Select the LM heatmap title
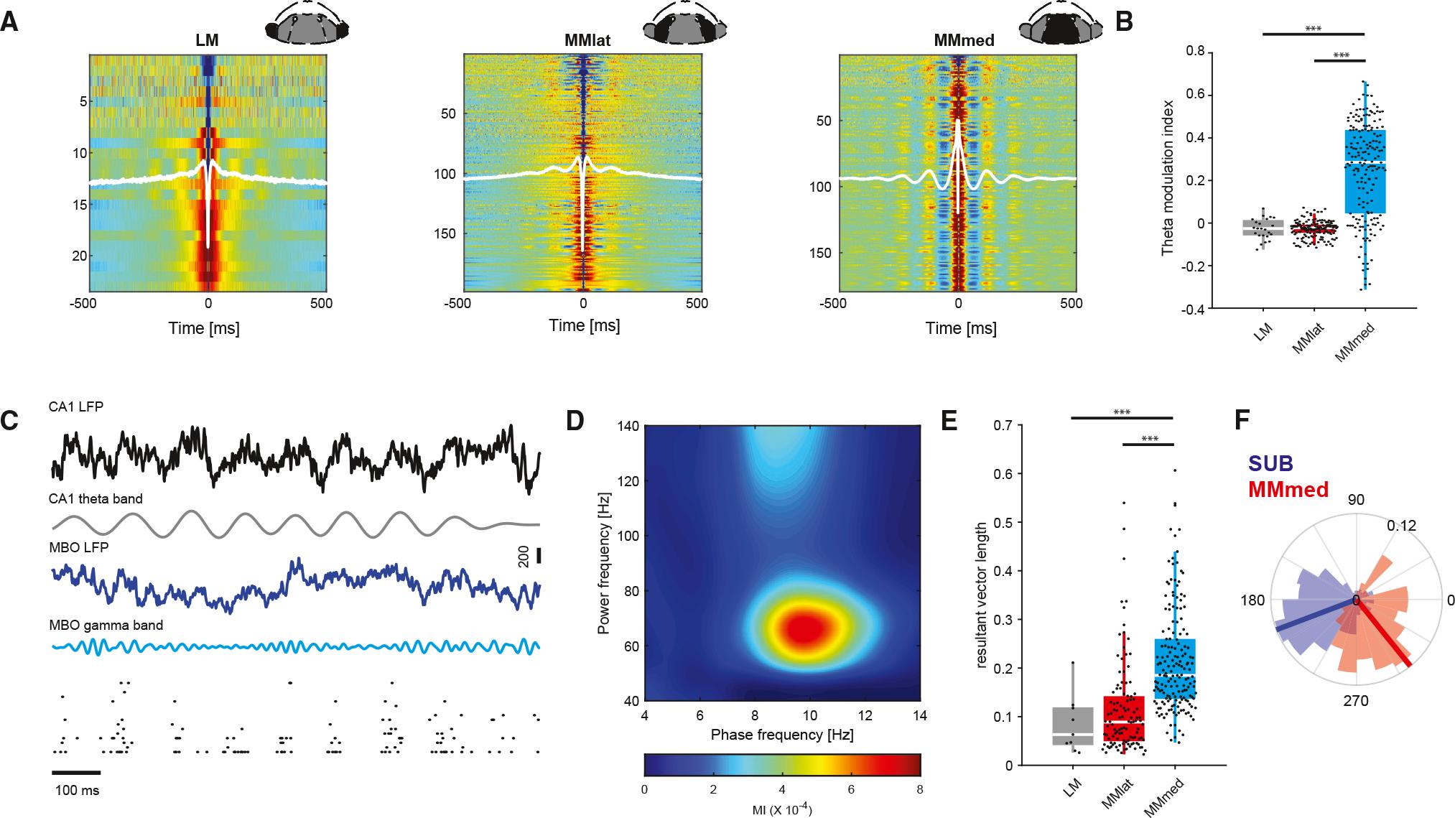[207, 41]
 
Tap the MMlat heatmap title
[587, 41]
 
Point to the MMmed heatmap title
[964, 41]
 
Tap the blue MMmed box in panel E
[1175, 668]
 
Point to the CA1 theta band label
[96, 498]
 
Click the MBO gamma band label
[106, 625]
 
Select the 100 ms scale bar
[76, 773]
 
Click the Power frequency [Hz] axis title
[603, 562]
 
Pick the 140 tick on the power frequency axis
[629, 425]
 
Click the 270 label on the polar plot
[1355, 700]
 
